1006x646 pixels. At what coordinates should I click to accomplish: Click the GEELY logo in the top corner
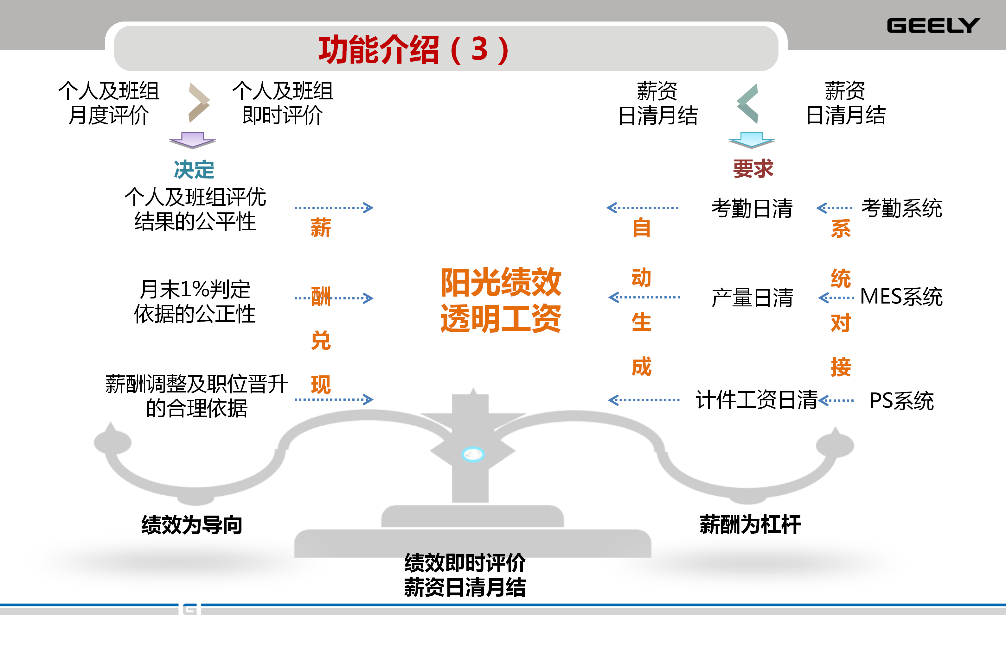933,26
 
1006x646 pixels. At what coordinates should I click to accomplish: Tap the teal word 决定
194,169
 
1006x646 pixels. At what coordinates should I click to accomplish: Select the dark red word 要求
753,169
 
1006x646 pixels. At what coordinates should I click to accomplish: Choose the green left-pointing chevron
748,103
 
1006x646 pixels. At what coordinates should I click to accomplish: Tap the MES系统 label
901,297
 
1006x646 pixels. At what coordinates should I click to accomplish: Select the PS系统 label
901,401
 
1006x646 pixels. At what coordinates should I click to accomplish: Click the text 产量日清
752,298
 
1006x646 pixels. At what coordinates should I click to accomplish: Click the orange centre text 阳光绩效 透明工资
501,300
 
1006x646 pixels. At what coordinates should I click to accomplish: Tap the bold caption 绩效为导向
192,525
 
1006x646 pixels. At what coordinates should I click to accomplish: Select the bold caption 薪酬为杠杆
750,525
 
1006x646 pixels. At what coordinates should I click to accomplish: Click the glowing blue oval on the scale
473,454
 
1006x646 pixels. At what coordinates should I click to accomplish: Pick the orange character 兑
321,340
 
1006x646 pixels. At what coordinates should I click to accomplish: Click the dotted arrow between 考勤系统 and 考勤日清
834,208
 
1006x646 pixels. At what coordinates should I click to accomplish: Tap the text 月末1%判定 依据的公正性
195,301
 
